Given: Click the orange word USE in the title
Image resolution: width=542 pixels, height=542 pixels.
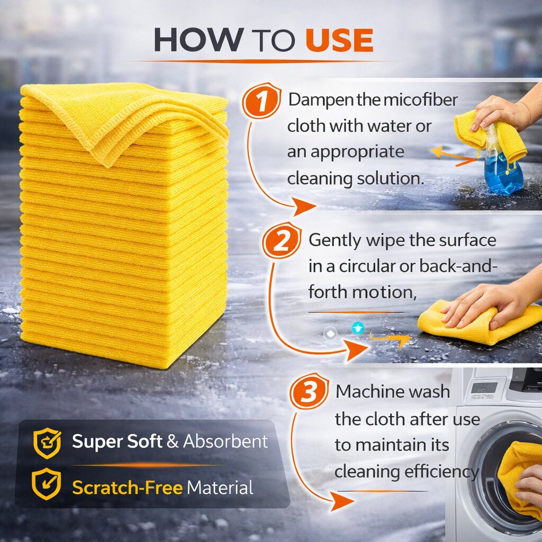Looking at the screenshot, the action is (x=339, y=40).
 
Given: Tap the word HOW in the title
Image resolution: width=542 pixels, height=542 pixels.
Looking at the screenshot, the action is (x=198, y=40).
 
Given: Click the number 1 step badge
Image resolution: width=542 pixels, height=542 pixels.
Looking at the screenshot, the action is (x=261, y=101).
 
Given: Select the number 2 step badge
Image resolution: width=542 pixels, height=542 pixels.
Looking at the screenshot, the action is (x=282, y=241).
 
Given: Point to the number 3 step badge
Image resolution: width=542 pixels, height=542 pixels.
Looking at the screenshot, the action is (x=309, y=391).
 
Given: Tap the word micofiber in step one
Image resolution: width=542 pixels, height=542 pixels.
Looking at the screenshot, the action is (x=420, y=100).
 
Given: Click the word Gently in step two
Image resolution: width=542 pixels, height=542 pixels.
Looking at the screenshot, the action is (x=335, y=241).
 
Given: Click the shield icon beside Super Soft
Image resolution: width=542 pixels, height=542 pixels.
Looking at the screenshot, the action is (x=47, y=443).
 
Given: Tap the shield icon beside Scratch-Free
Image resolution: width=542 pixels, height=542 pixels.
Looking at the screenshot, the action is (x=47, y=484).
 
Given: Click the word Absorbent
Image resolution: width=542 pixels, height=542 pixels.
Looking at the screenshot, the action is (x=225, y=441).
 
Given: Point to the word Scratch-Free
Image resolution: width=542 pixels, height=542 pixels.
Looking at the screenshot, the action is (x=127, y=487).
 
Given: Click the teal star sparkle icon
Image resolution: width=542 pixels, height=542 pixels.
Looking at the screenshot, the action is (x=358, y=328).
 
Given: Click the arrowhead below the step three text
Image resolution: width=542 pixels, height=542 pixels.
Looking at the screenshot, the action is (x=341, y=501).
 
